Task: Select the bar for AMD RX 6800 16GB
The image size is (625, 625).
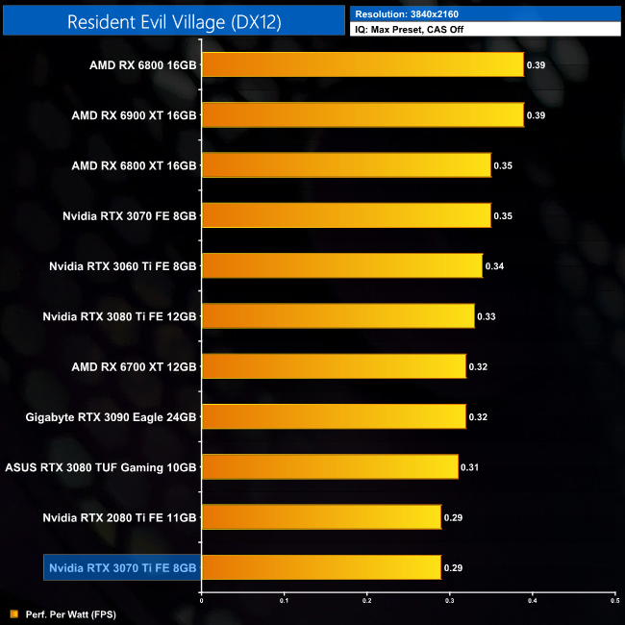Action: click(x=362, y=64)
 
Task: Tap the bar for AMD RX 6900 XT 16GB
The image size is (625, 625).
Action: click(x=362, y=114)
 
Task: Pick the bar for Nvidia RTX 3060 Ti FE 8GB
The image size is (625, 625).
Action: click(x=341, y=265)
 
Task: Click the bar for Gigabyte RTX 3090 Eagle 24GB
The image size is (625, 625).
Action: click(x=334, y=416)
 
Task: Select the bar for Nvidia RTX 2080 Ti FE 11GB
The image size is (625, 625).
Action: click(x=321, y=517)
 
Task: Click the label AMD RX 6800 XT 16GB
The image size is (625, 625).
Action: click(x=134, y=165)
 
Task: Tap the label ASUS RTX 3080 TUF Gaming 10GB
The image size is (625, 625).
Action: click(x=101, y=467)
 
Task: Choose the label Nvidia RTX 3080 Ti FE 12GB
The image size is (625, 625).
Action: click(x=120, y=316)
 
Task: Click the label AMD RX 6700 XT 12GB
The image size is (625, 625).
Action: click(x=134, y=366)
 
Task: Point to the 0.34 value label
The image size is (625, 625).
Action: click(x=494, y=266)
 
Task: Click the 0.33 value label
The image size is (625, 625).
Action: click(x=487, y=316)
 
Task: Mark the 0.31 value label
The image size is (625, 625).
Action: click(x=470, y=467)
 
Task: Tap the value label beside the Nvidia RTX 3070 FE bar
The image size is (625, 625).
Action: click(x=503, y=215)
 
